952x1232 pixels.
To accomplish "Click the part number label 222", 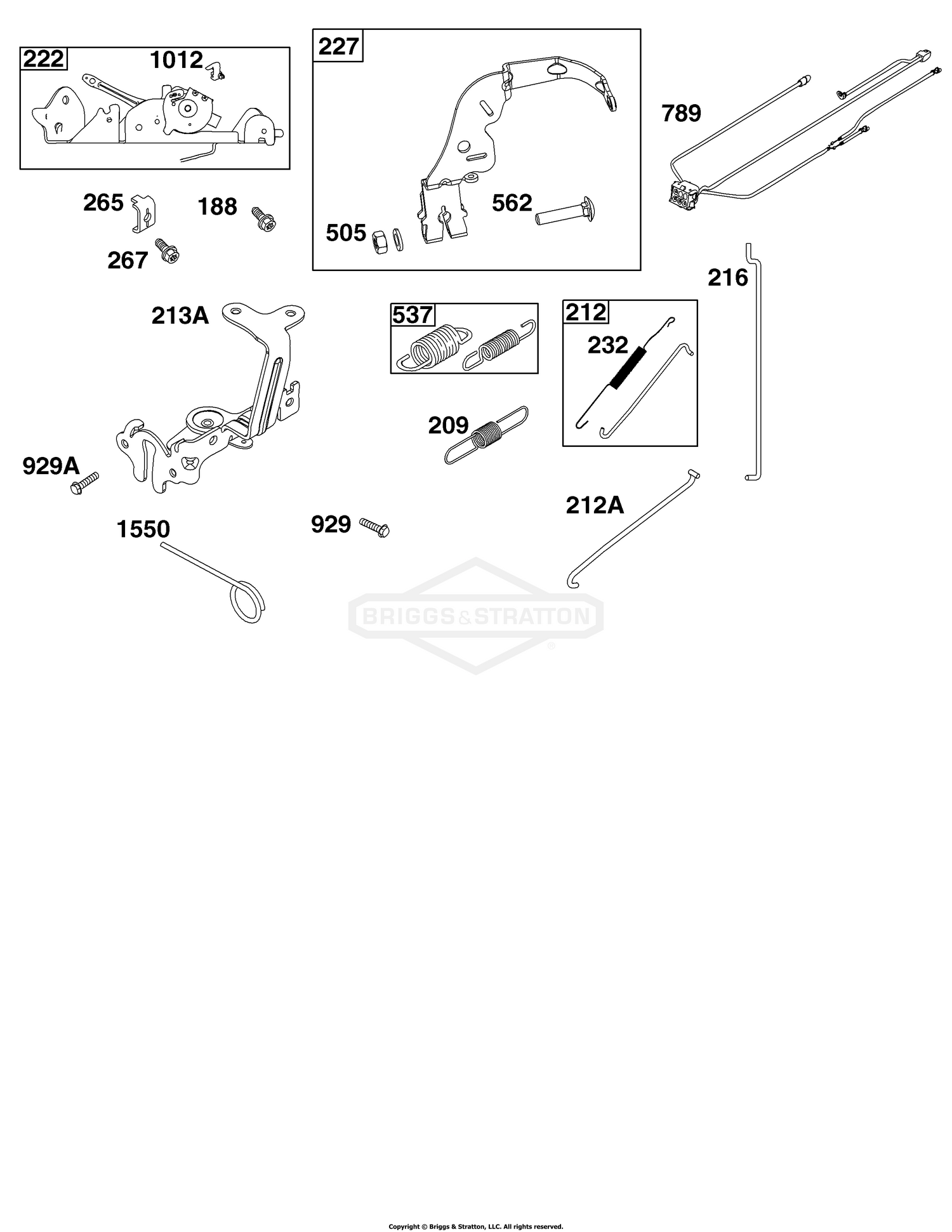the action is (x=44, y=60).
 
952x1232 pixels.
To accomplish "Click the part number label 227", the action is (x=339, y=47).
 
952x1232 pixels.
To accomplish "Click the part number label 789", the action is (x=681, y=114).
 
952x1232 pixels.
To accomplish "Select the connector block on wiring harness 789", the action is (x=683, y=192).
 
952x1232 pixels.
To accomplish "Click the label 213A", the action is (x=180, y=315).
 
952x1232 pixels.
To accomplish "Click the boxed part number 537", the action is (x=413, y=315).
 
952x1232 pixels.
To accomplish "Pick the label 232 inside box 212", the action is (x=607, y=345).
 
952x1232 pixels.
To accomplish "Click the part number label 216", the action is (x=728, y=277).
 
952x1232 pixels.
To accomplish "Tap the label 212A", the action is (x=595, y=506).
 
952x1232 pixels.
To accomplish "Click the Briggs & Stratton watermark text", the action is (x=475, y=616).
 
